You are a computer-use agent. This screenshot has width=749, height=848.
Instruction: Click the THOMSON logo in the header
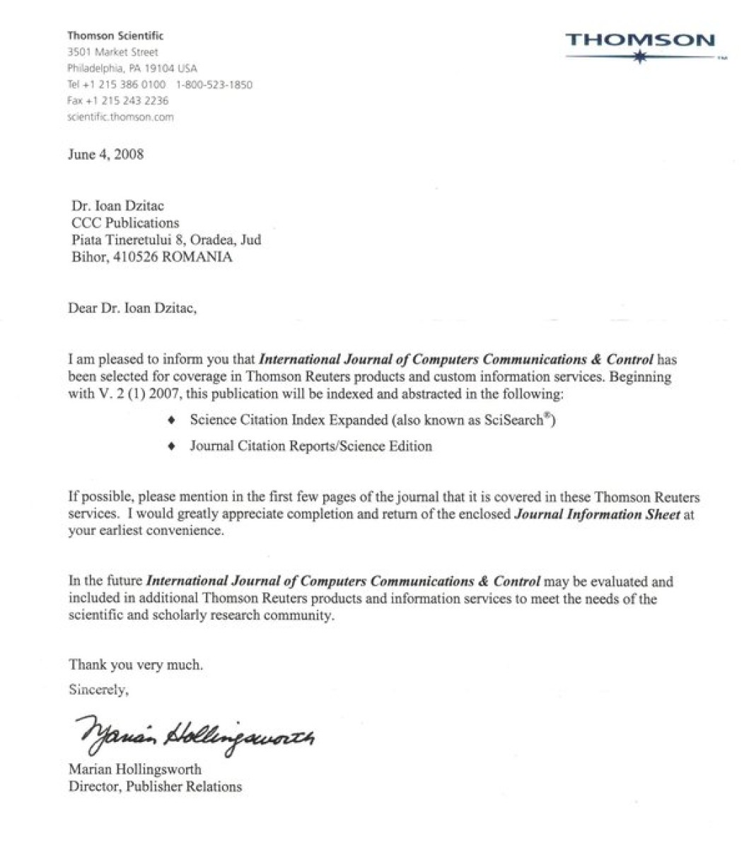[x=639, y=40]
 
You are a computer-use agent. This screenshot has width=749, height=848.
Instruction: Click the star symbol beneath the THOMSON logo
[x=640, y=59]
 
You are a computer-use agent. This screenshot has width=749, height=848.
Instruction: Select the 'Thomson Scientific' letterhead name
[x=115, y=35]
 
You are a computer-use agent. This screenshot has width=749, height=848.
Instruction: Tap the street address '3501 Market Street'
[x=112, y=52]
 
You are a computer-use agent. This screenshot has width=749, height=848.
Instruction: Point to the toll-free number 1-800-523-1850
[x=214, y=85]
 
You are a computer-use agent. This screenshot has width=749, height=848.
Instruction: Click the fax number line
[x=117, y=101]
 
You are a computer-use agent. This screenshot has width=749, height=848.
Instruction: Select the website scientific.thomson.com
[x=120, y=117]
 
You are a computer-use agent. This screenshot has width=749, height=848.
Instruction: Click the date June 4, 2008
[x=105, y=155]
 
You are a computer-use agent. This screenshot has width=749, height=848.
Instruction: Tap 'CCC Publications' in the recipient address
[x=125, y=223]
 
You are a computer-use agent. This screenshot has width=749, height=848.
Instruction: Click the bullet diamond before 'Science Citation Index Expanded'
[x=171, y=420]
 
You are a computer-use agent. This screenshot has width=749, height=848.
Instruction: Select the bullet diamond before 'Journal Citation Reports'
[x=171, y=447]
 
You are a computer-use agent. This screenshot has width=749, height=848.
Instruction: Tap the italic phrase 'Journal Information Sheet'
[x=597, y=514]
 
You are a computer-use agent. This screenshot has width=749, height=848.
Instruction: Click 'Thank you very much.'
[x=136, y=664]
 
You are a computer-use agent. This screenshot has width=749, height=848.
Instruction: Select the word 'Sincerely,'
[x=98, y=690]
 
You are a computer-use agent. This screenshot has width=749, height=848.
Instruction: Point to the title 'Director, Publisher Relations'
[x=155, y=786]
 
